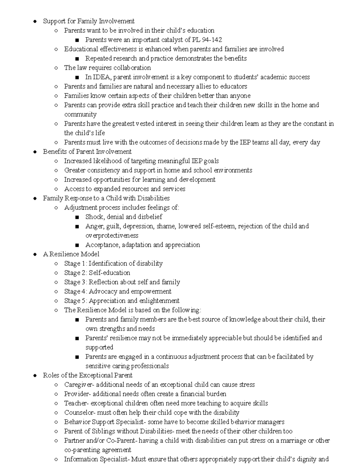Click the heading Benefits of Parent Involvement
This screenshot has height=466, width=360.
click(x=87, y=152)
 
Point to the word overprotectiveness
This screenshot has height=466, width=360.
click(x=112, y=236)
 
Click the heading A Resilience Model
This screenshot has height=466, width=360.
click(x=71, y=254)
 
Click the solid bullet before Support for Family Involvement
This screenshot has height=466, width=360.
click(x=35, y=21)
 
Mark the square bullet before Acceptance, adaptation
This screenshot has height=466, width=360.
click(x=77, y=245)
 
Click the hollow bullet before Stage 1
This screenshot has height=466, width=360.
click(x=56, y=264)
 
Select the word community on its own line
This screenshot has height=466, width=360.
click(x=80, y=114)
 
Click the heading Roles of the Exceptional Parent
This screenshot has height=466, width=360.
click(x=88, y=375)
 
